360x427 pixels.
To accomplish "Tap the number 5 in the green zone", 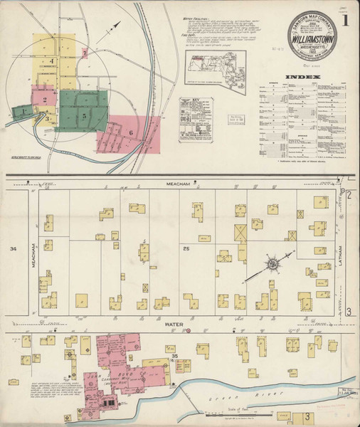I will [x=83, y=115].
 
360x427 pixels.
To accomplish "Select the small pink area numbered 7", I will [x=85, y=53].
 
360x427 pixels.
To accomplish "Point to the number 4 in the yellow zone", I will [x=53, y=63].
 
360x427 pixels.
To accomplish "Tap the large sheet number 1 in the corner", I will [x=344, y=21].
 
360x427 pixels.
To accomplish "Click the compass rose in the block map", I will [x=272, y=264].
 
